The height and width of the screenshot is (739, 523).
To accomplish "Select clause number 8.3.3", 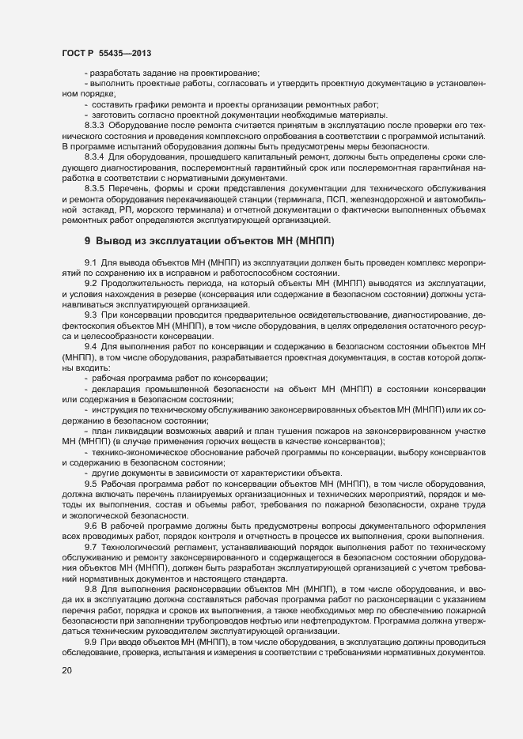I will point(94,126).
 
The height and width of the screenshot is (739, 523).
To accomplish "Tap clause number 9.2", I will point(90,260).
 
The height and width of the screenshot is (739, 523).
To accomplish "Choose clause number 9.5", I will point(90,460).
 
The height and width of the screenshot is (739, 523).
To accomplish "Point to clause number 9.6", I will point(90,503).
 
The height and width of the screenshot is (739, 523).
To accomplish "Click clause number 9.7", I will point(90,525).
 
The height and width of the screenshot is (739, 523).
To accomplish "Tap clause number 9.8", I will point(90,567).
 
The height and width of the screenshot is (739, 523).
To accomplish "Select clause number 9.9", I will point(90,621).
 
